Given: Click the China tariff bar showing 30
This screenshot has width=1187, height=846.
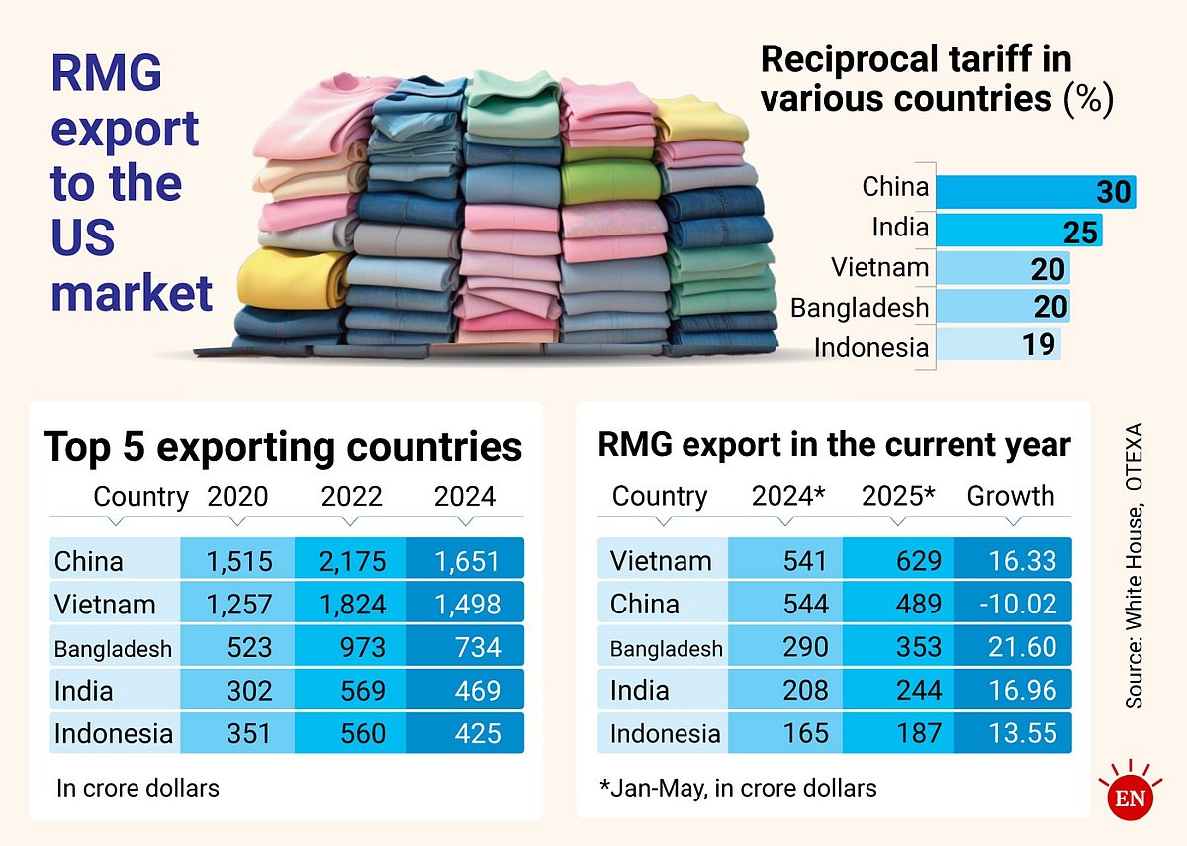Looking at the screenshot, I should tap(1035, 191).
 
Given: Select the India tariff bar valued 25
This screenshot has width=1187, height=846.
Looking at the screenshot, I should tap(1018, 231).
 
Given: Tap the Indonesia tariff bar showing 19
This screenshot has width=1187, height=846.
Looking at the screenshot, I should tap(998, 344).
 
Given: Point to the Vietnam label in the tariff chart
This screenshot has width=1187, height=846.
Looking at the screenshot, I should tap(880, 267).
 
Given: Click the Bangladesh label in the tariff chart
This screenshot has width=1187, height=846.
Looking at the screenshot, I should tap(860, 307).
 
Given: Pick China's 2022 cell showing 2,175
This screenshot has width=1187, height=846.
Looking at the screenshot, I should tap(351, 561).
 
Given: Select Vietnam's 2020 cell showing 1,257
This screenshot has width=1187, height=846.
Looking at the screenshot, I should tap(237, 604).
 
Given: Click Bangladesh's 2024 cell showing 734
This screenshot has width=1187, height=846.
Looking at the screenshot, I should tap(465, 647).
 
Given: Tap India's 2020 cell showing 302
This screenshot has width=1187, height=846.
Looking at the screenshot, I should tap(237, 691).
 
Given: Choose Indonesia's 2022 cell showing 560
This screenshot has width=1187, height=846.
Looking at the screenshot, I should tap(351, 734).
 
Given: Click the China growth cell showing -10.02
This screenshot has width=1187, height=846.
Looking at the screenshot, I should tap(1011, 604).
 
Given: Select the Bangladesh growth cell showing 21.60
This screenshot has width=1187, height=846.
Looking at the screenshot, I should tap(1011, 647).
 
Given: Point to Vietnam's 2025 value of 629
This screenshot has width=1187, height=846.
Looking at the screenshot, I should tap(898, 561).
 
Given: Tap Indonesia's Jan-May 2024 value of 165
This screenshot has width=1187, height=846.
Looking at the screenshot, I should tap(785, 734).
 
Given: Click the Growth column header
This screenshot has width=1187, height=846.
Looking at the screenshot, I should tap(1010, 496).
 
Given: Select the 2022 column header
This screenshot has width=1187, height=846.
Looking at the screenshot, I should tap(351, 496).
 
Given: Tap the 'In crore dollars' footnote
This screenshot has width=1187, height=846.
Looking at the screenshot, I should tap(137, 788).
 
